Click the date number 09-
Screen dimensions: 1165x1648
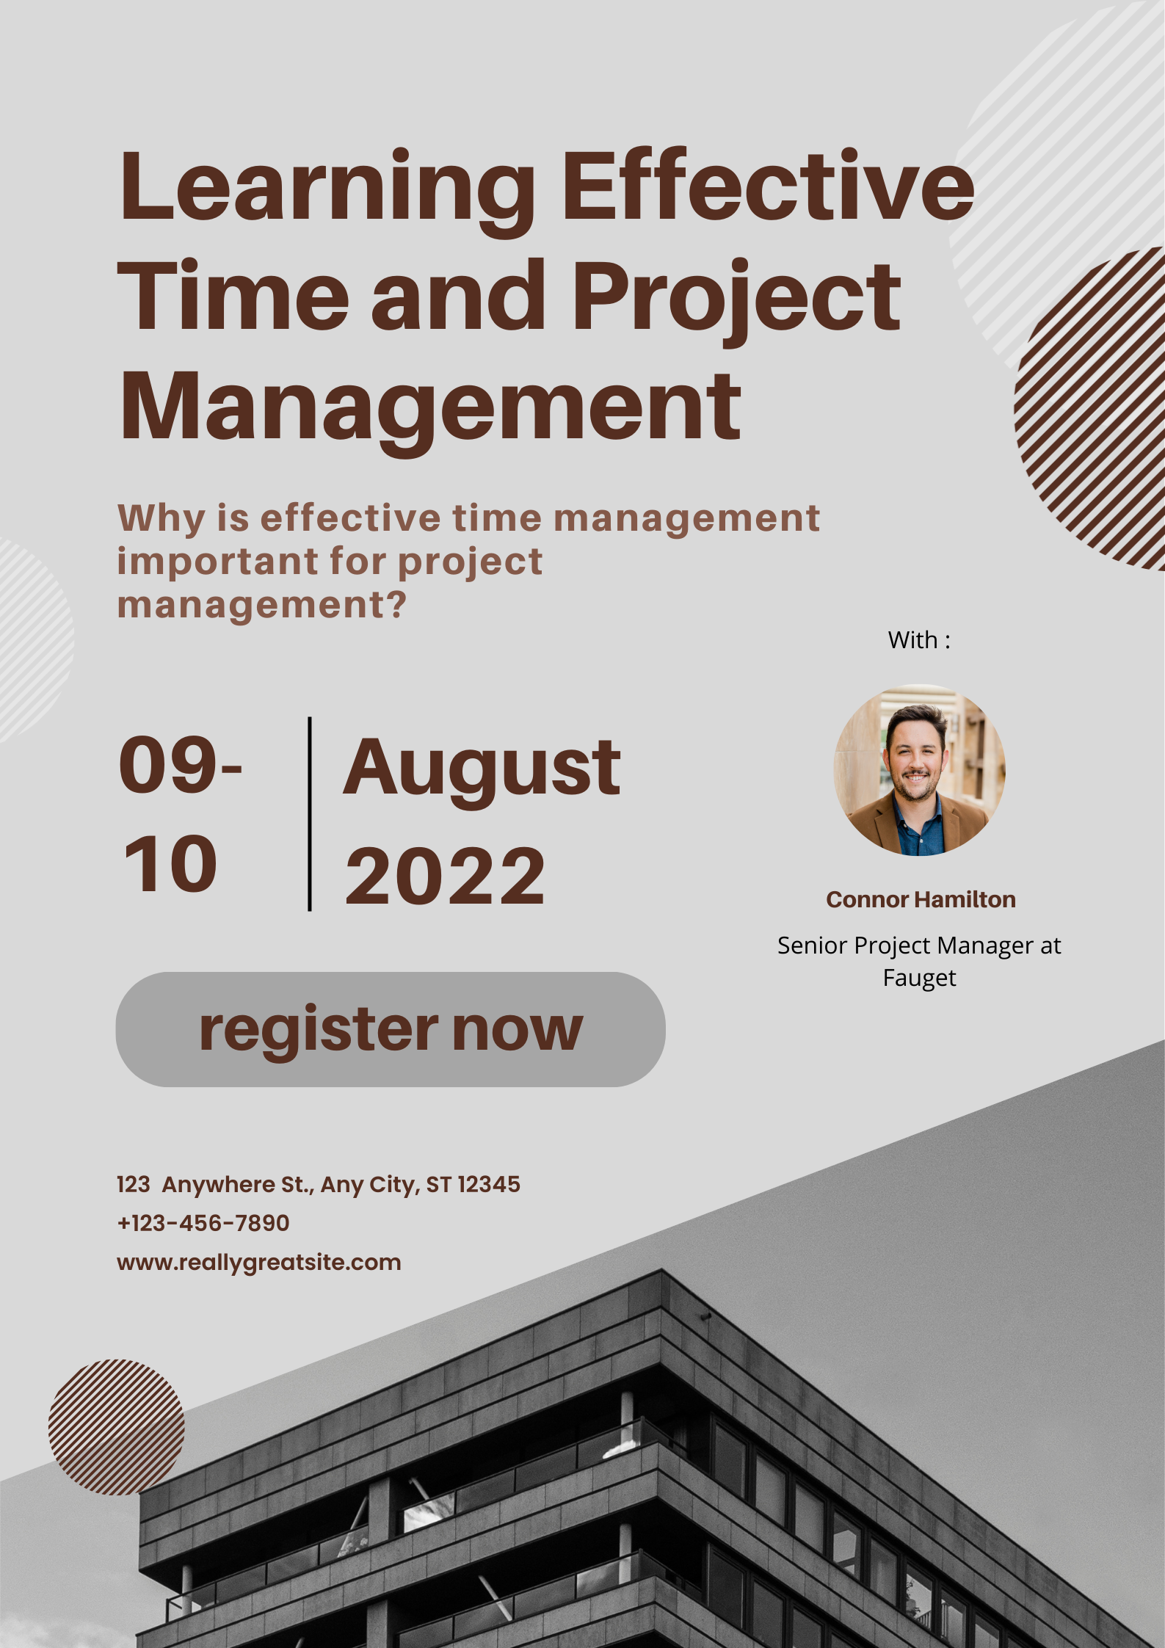coord(181,765)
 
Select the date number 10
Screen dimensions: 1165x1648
coord(171,864)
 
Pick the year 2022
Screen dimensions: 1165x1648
coord(446,875)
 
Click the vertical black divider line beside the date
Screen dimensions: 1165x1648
coord(310,814)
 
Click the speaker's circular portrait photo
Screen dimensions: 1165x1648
coord(919,770)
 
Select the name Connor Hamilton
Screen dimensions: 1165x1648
coord(921,899)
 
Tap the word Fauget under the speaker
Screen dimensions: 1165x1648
coord(919,979)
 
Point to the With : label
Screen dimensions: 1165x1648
coord(919,640)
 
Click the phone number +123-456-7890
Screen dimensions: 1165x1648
coord(203,1223)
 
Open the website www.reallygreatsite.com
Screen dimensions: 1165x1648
coord(259,1263)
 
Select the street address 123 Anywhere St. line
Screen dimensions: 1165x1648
coord(319,1185)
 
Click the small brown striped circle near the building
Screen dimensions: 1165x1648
coord(117,1428)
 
